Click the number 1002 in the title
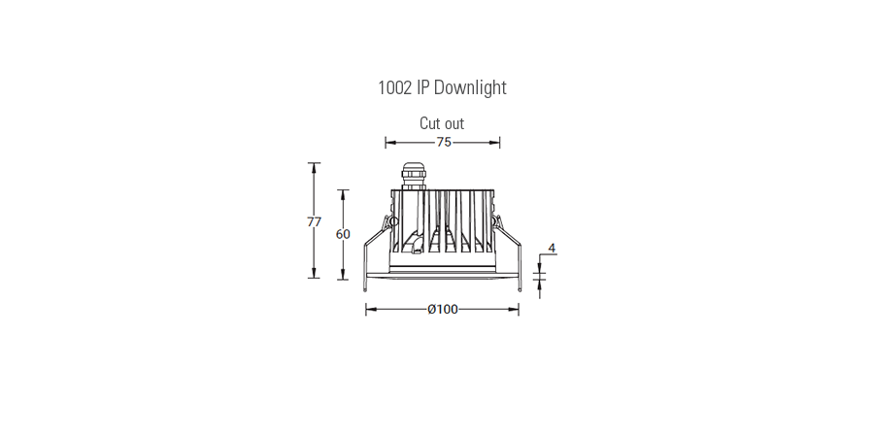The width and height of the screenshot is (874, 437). [x=395, y=88]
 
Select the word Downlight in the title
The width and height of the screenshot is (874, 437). [x=470, y=88]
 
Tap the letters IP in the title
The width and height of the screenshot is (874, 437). [x=422, y=88]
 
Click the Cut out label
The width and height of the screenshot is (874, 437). [x=442, y=123]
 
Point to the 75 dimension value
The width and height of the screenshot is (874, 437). [x=443, y=142]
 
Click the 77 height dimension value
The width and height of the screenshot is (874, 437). [x=314, y=221]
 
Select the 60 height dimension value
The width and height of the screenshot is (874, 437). [x=343, y=234]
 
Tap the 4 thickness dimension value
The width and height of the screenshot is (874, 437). [x=552, y=249]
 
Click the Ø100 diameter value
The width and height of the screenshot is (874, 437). [x=442, y=309]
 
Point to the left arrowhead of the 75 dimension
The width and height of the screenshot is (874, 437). [x=389, y=142]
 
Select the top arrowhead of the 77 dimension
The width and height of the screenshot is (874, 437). [x=314, y=166]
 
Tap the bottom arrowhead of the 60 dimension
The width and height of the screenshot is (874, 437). [x=343, y=275]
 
